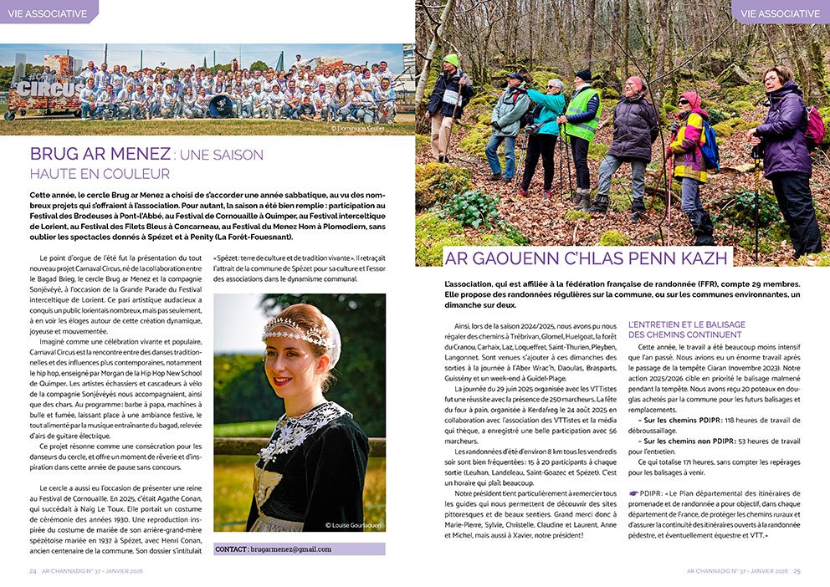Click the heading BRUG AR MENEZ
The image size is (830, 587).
99,155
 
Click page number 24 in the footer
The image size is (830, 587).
33,571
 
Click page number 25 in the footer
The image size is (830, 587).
797,571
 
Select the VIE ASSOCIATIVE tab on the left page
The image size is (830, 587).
47,13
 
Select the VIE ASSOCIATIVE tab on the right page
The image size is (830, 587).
780,13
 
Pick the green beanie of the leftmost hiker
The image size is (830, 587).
451,59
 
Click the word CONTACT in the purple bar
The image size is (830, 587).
231,549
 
